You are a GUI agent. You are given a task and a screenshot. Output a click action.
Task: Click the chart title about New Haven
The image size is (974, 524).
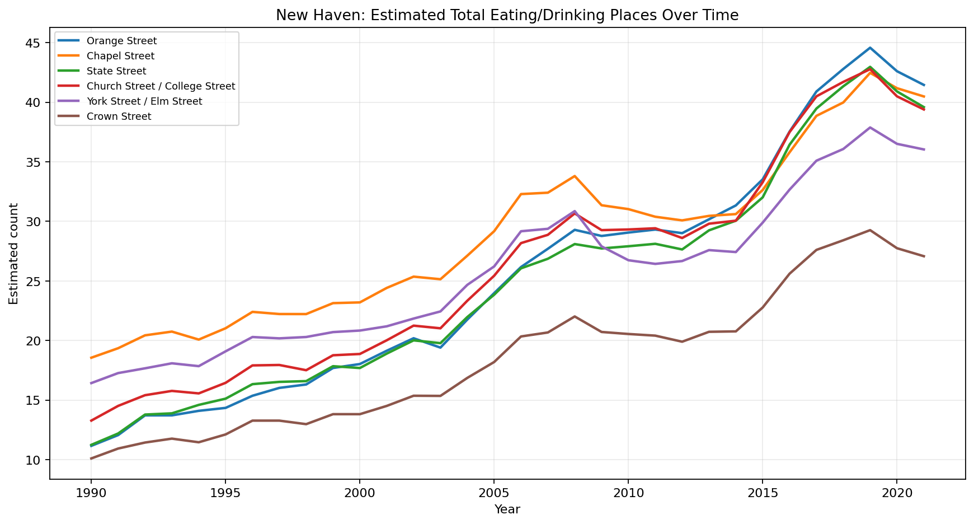(x=507, y=16)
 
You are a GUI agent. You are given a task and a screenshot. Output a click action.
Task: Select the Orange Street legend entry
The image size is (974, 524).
(x=121, y=41)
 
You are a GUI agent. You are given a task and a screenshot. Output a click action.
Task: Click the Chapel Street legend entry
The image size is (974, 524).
(x=120, y=56)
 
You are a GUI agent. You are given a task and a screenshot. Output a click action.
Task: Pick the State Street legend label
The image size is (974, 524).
(x=116, y=71)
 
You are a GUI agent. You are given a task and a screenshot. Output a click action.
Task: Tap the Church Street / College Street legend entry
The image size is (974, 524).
(x=161, y=86)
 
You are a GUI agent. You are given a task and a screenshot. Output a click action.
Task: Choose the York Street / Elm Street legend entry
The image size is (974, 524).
(x=144, y=101)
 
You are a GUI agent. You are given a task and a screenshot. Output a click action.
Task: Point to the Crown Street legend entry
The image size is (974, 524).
(x=119, y=116)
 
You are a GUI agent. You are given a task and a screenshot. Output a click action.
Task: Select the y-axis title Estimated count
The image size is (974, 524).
(x=14, y=254)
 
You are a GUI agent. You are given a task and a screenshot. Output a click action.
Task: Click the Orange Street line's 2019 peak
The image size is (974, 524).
(x=870, y=48)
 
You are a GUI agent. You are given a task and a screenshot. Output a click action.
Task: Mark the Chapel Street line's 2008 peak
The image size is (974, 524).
(x=575, y=176)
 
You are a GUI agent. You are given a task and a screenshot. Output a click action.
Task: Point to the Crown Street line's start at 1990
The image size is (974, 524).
(x=91, y=458)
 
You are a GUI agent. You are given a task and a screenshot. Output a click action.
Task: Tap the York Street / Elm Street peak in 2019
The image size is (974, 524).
(x=870, y=127)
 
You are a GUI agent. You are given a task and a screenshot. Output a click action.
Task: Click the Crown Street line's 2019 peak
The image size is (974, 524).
(x=870, y=230)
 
